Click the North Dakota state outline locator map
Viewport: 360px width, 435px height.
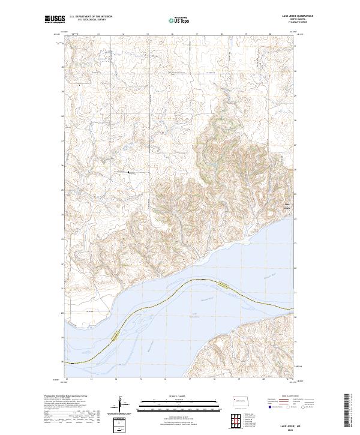pyautogui.click(x=242, y=400)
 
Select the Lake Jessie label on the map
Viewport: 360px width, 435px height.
pyautogui.click(x=287, y=207)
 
